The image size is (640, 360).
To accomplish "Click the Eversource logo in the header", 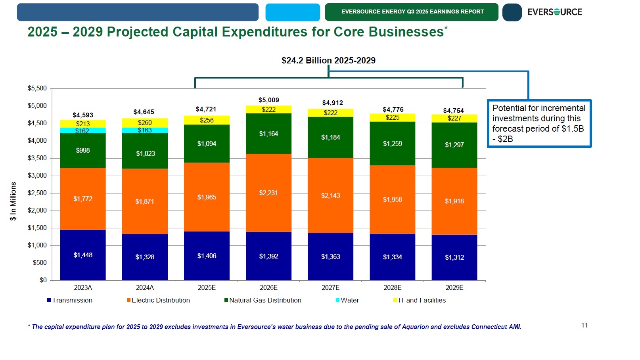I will (554, 12).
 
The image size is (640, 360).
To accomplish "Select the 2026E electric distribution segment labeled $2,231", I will (268, 193).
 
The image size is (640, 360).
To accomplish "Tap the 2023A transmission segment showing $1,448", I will (83, 255).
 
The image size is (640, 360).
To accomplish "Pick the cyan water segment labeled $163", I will (145, 130).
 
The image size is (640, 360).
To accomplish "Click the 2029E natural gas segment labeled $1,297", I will (454, 145).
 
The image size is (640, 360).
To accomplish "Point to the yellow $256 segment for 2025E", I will (207, 120).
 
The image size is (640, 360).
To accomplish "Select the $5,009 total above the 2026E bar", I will (268, 100).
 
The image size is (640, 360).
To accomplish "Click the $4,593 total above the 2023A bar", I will (83, 115).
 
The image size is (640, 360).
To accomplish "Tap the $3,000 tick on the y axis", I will (37, 175).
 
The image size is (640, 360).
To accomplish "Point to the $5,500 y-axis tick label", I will (37, 88).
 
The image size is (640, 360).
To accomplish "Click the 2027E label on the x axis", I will (330, 287).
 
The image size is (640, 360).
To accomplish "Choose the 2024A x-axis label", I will (145, 287).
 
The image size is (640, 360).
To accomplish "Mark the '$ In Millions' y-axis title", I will (13, 201).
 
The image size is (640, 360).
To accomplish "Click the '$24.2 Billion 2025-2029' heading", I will (328, 60).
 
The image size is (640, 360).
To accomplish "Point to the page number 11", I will (584, 325).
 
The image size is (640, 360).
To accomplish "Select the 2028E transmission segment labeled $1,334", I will (392, 257).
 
